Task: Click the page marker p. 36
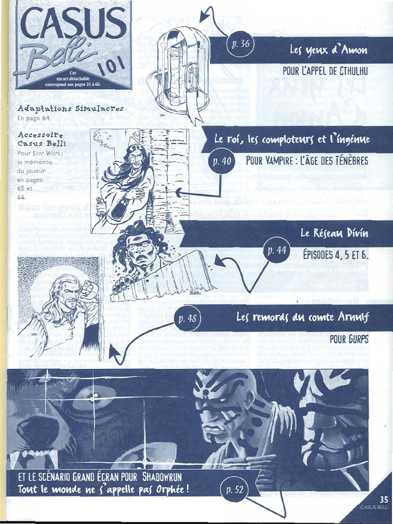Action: [x=240, y=43]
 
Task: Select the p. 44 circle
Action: [x=277, y=251]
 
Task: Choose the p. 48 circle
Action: [x=187, y=319]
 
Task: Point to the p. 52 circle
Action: [x=234, y=490]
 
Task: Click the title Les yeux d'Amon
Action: [x=329, y=50]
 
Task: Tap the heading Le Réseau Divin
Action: [x=334, y=233]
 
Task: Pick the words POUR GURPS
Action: [x=349, y=339]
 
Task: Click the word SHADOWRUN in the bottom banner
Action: [x=162, y=477]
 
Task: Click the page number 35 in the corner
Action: [x=384, y=499]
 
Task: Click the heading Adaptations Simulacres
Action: [x=70, y=108]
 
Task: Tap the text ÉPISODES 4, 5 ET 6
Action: [x=335, y=254]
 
